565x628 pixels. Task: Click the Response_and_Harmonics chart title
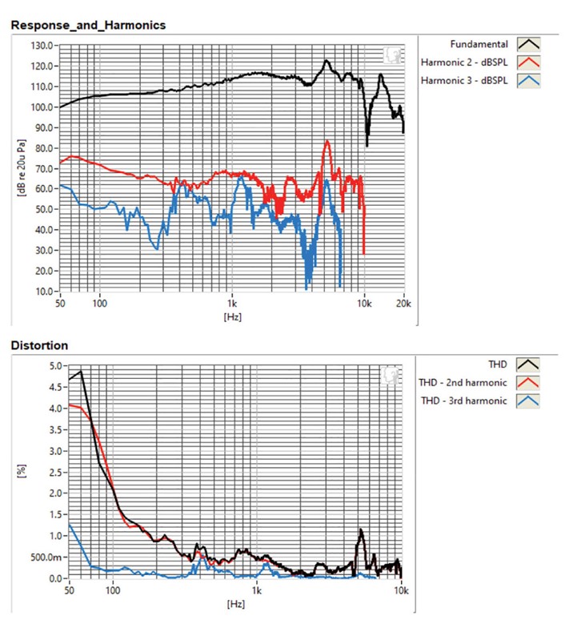click(88, 25)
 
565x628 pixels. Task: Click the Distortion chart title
click(39, 345)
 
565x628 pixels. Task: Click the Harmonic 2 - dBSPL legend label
click(464, 62)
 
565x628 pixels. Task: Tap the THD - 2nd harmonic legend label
click(463, 383)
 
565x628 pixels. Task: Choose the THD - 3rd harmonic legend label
click(463, 401)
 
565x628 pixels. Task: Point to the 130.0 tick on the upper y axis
click(42, 46)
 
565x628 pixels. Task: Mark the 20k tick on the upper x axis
click(403, 304)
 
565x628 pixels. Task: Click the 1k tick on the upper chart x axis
click(231, 304)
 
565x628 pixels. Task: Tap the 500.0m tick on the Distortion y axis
click(49, 557)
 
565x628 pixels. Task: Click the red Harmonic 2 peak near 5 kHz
click(327, 142)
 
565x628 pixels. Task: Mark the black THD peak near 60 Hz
click(81, 372)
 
